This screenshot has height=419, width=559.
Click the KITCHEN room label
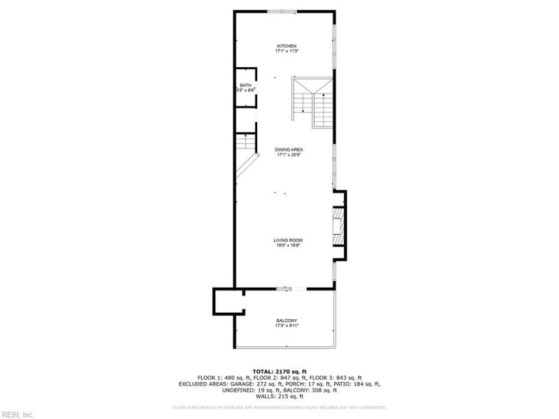click(x=286, y=46)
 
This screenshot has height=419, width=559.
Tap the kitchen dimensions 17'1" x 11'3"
click(x=286, y=51)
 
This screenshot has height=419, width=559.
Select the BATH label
click(x=245, y=85)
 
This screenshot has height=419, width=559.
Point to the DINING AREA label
click(x=289, y=149)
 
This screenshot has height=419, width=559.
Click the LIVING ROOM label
click(x=287, y=240)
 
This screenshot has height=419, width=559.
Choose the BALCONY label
click(x=287, y=321)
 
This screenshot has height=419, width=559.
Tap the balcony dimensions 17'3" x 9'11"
click(x=287, y=325)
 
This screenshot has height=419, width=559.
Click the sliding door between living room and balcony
click(x=289, y=288)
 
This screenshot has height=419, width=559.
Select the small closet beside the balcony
click(x=228, y=302)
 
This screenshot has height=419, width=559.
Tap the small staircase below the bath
click(x=245, y=143)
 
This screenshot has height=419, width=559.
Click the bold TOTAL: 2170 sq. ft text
click(x=279, y=372)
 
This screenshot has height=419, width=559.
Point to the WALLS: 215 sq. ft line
click(x=279, y=397)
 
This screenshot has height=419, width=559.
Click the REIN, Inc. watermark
click(x=17, y=414)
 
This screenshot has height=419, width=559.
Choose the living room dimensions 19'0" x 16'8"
click(x=287, y=245)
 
